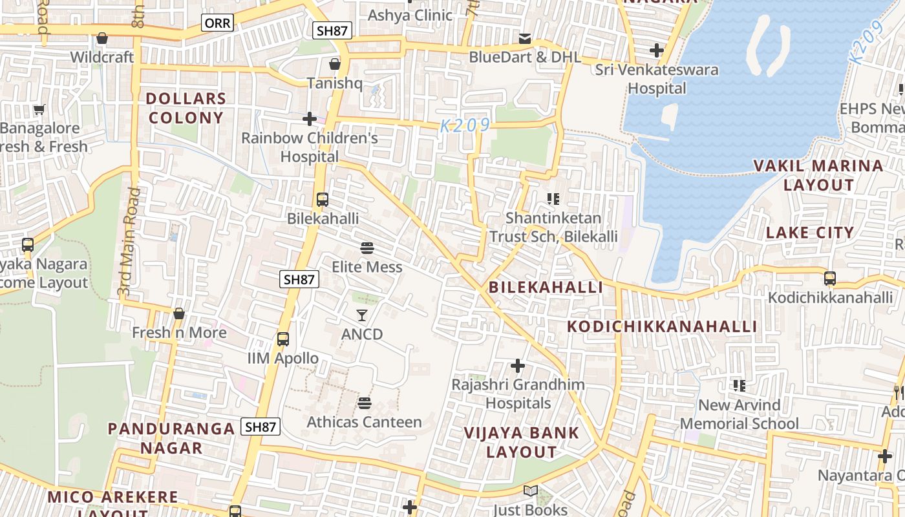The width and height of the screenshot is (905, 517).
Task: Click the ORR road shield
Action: click(217, 23)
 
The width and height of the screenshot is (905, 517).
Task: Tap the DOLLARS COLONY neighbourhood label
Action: click(186, 108)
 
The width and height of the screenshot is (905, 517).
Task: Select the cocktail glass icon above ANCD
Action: click(362, 315)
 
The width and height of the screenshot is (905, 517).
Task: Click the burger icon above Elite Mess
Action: click(367, 248)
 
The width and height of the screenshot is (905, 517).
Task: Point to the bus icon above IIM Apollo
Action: click(282, 339)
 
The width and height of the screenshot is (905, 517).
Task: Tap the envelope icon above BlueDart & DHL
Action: click(525, 39)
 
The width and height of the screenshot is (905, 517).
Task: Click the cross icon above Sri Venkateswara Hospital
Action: click(657, 50)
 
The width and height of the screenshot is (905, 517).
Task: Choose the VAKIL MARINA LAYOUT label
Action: click(819, 175)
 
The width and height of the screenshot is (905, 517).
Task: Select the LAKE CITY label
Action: click(810, 233)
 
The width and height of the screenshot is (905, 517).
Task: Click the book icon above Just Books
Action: click(530, 491)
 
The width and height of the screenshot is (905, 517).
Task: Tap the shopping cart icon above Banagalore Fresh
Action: click(39, 110)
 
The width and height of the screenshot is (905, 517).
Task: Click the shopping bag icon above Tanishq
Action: click(335, 64)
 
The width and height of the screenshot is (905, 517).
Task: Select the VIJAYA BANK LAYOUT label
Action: click(521, 442)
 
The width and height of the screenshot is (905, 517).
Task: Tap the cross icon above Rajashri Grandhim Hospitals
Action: click(518, 366)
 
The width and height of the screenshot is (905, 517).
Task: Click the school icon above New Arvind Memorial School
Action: click(740, 386)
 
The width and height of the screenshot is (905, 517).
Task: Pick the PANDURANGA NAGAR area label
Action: click(171, 438)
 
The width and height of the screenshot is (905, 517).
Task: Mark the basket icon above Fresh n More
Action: click(179, 313)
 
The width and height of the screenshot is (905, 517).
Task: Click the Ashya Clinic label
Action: click(410, 15)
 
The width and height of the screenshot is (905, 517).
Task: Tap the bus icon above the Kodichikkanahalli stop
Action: click(830, 279)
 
